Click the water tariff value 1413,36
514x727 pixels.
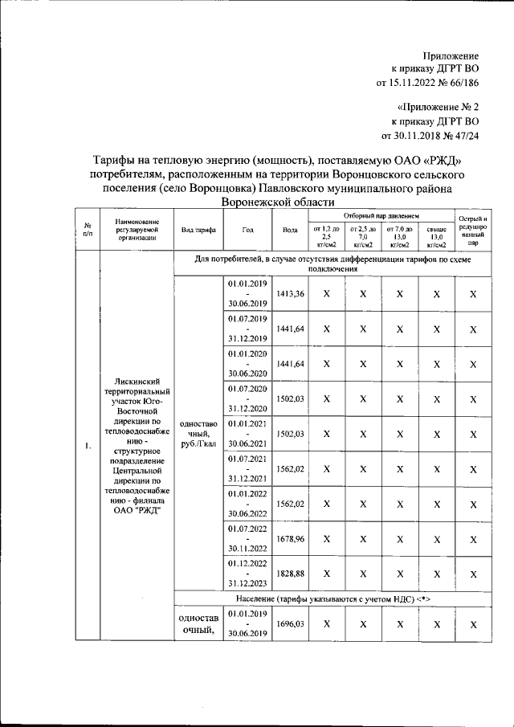pos(290,295)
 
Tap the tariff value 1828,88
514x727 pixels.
pos(290,574)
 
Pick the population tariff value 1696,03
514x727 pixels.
pos(290,623)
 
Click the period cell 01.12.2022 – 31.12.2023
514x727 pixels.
pos(247,574)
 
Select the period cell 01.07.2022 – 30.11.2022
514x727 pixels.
pos(247,539)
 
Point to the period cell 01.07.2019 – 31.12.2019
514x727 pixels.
pos(247,329)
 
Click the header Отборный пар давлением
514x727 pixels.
pos(381,217)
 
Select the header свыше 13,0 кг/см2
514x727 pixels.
pos(436,237)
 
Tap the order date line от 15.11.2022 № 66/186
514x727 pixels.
pos(427,82)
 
